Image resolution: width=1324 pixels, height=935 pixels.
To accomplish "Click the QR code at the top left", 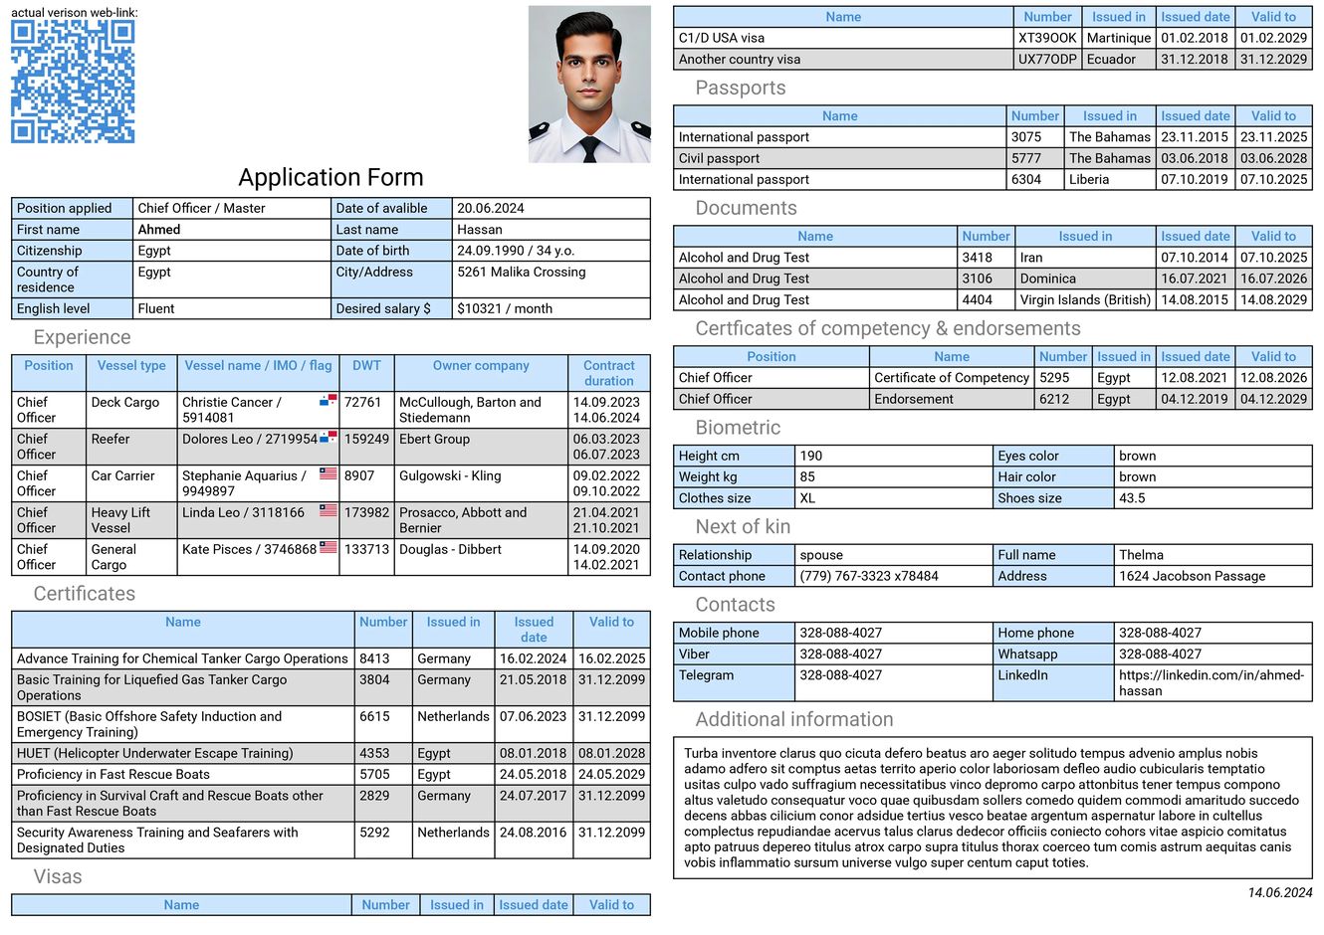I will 73,82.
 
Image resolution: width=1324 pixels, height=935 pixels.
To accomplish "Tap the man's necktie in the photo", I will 590,148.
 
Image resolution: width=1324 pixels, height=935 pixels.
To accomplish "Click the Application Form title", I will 331,177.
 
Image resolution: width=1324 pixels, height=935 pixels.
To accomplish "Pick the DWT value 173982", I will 366,512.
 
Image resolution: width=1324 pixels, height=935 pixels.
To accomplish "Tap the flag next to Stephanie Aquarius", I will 328,474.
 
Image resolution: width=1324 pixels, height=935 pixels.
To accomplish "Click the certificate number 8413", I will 374,658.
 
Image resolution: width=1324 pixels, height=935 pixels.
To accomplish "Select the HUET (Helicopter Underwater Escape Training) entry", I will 155,753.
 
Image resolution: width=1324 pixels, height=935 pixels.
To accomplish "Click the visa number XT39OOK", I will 1047,38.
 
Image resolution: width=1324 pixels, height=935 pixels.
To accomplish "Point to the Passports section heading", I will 740,88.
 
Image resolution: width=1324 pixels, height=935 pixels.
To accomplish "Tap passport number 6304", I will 1026,180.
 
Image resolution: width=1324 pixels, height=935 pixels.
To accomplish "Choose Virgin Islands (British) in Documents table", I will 1085,299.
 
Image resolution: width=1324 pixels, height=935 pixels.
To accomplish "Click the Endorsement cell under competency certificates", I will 914,399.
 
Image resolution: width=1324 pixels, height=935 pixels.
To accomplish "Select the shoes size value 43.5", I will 1132,498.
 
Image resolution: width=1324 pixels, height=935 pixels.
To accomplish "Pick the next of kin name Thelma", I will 1141,555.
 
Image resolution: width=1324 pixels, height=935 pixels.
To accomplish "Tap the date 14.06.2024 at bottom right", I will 1279,892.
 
